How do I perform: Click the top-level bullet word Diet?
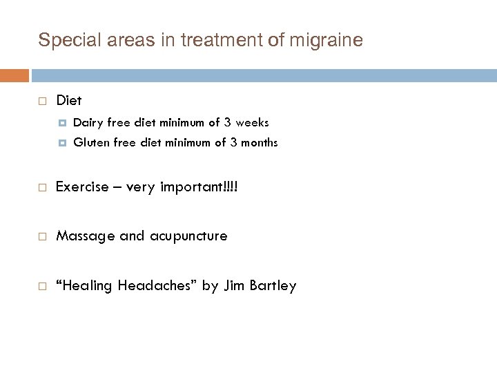(x=68, y=101)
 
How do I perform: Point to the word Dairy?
(x=87, y=123)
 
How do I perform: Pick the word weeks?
(x=252, y=123)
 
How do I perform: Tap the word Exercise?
(x=81, y=186)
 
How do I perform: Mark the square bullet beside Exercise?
(x=42, y=187)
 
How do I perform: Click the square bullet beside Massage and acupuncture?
(x=42, y=237)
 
